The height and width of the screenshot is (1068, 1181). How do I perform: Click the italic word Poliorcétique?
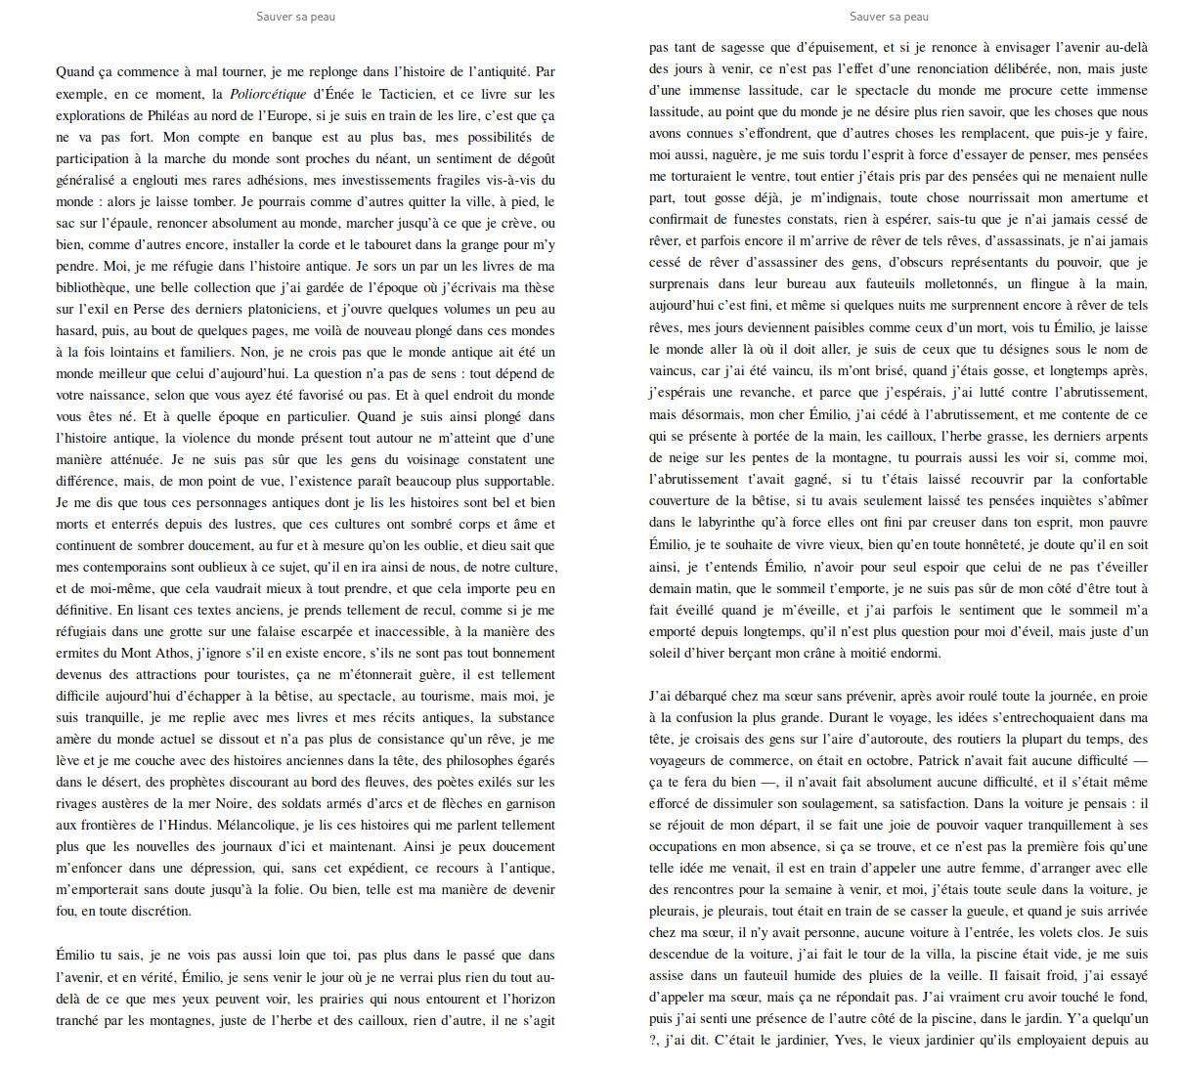tap(268, 94)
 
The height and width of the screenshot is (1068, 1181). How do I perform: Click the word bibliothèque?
tap(91, 287)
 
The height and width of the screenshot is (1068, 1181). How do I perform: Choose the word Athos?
tap(172, 653)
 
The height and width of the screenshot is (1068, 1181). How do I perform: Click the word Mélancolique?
tap(256, 825)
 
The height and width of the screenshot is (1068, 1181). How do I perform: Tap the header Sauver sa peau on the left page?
tap(295, 17)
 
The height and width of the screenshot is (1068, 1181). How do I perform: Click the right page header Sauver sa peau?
tap(889, 17)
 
